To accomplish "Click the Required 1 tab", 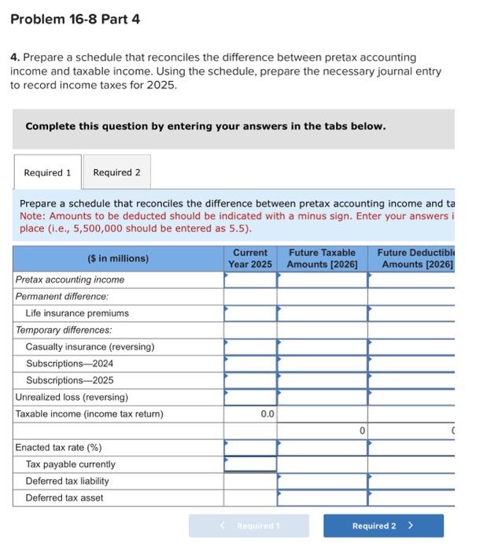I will pyautogui.click(x=47, y=172).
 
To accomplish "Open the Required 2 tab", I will pyautogui.click(x=116, y=172).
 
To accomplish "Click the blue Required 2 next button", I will pyautogui.click(x=382, y=526).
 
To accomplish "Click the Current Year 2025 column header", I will pyautogui.click(x=249, y=258).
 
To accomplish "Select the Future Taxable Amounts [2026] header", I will pyautogui.click(x=322, y=258).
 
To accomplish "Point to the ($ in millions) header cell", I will pyautogui.click(x=117, y=258).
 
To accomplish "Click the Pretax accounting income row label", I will pyautogui.click(x=70, y=279).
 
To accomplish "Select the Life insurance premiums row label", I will pyautogui.click(x=77, y=313).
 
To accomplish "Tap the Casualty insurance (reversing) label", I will pyautogui.click(x=90, y=347).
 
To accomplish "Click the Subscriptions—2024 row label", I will pyautogui.click(x=69, y=364).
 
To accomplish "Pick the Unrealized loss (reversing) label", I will pyautogui.click(x=72, y=398).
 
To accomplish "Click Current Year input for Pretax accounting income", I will pyautogui.click(x=250, y=279).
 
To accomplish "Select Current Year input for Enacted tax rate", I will pyautogui.click(x=250, y=448).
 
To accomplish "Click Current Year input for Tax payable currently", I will pyautogui.click(x=250, y=464).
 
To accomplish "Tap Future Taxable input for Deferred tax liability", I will pyautogui.click(x=322, y=481).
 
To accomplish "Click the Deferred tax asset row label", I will pyautogui.click(x=65, y=498).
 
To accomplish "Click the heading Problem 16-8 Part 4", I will pyautogui.click(x=76, y=19).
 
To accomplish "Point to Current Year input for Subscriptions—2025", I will pyautogui.click(x=250, y=381).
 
